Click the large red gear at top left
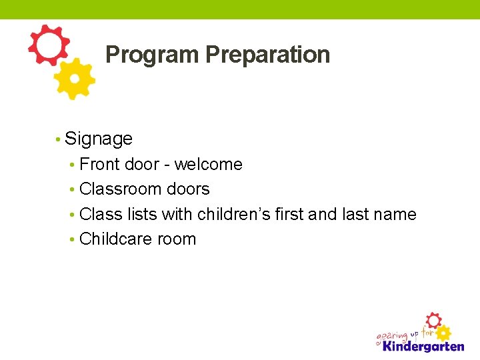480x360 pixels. (x=48, y=45)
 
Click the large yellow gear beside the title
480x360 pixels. (x=74, y=79)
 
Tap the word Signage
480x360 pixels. (x=99, y=139)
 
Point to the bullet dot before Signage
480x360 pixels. (x=59, y=139)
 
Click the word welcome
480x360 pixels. (x=208, y=164)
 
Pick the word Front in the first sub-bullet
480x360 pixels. (x=100, y=164)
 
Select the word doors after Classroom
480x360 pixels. (x=188, y=189)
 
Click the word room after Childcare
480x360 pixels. (x=177, y=239)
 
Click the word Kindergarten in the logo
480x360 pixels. (x=423, y=346)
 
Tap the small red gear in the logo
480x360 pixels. (x=433, y=321)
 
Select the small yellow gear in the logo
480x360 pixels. (x=443, y=333)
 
